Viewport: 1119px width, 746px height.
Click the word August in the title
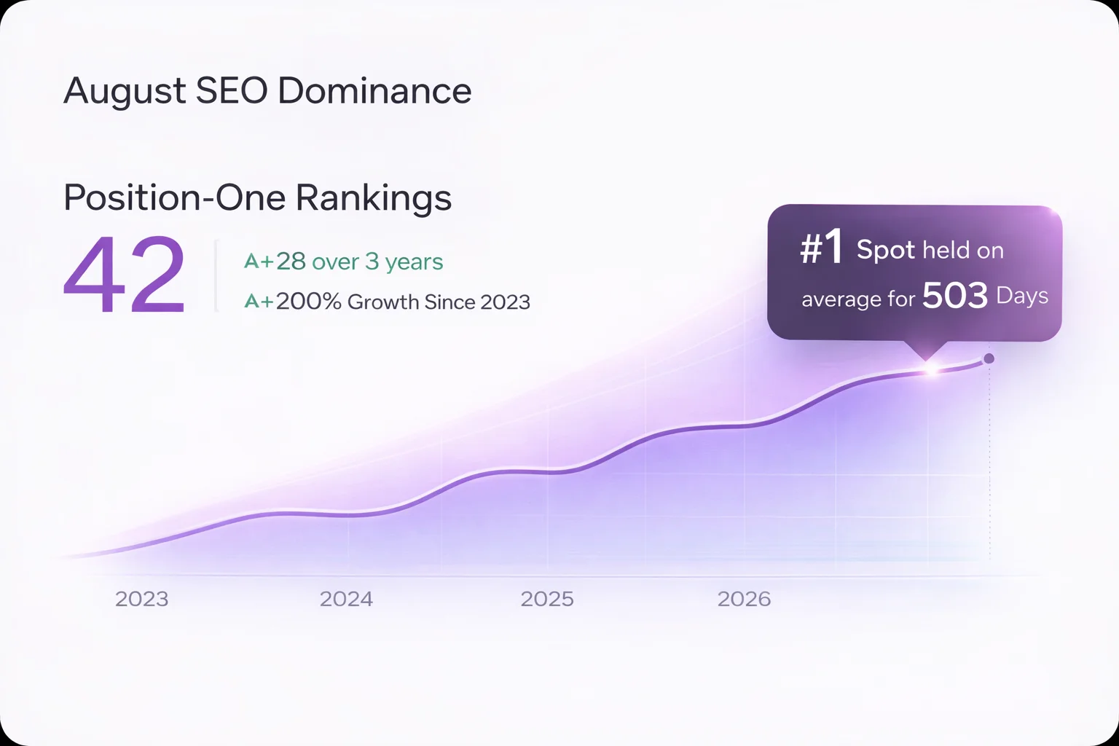point(125,92)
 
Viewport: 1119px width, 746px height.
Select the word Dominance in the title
point(374,91)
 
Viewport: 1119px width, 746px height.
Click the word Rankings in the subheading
point(374,197)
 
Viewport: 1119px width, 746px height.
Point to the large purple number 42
point(125,276)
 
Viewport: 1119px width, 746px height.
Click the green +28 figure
point(291,262)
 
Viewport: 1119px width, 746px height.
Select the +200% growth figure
point(309,302)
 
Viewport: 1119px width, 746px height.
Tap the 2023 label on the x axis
point(141,599)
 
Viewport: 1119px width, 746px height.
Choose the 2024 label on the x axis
point(346,599)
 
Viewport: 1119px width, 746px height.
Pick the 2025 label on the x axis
point(547,599)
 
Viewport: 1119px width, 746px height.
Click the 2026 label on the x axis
point(744,599)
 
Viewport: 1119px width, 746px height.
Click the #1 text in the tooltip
point(821,248)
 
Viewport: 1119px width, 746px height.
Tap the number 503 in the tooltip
point(955,296)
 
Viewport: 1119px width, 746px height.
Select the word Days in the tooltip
point(1022,296)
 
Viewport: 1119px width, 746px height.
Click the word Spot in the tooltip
point(885,250)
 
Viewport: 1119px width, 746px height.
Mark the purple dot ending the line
point(989,358)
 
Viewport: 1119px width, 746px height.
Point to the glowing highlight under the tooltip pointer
point(930,370)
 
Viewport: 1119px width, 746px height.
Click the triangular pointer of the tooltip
point(927,349)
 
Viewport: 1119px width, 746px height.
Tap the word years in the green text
point(414,262)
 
